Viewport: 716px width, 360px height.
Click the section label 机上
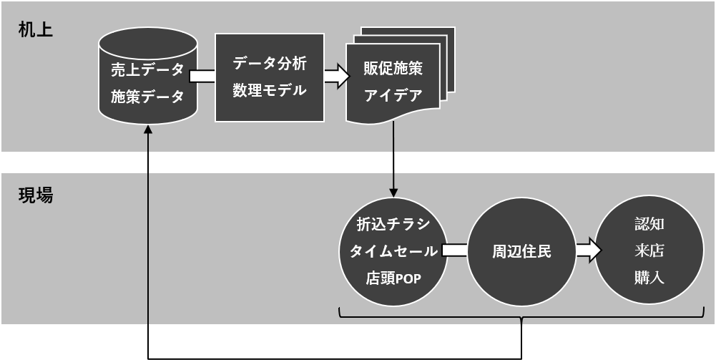click(x=36, y=30)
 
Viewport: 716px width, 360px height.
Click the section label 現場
click(x=36, y=195)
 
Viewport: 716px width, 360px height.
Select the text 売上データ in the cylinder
click(x=147, y=70)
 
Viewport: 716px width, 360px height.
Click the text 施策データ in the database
click(x=147, y=97)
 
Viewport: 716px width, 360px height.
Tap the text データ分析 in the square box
click(x=270, y=64)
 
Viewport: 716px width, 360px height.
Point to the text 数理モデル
click(x=270, y=90)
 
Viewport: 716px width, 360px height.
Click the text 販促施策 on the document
click(x=393, y=69)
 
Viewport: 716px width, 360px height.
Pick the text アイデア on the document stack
click(x=393, y=95)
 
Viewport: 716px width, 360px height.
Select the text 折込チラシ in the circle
click(x=393, y=225)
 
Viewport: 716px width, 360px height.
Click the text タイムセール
click(x=393, y=251)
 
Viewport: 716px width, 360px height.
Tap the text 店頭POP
click(x=393, y=278)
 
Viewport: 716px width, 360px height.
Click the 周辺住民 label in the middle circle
click(x=522, y=252)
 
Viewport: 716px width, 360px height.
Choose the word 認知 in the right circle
click(x=649, y=224)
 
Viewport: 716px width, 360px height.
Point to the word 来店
click(x=649, y=250)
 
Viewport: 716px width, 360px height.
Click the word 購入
click(x=649, y=277)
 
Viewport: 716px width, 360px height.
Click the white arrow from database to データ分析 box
click(x=202, y=76)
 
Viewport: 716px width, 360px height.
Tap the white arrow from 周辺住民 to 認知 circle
click(x=588, y=250)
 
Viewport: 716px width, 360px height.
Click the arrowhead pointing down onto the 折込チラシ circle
click(x=393, y=193)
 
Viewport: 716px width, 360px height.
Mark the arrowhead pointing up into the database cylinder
click(x=148, y=130)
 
